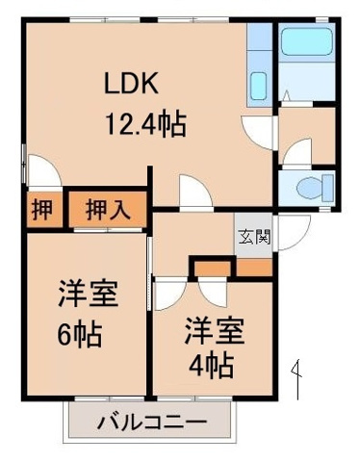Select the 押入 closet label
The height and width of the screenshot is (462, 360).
[106, 209]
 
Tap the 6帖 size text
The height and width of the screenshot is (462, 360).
[78, 336]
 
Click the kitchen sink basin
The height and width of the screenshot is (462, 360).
[258, 86]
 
